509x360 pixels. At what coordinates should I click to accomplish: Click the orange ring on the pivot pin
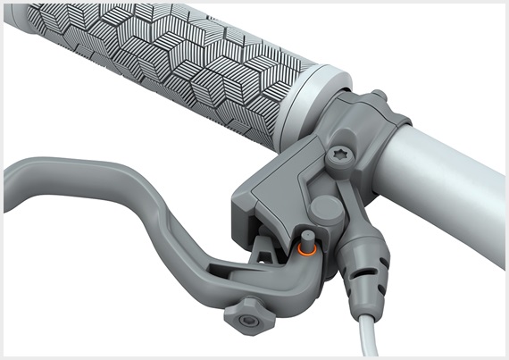click(x=305, y=252)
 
